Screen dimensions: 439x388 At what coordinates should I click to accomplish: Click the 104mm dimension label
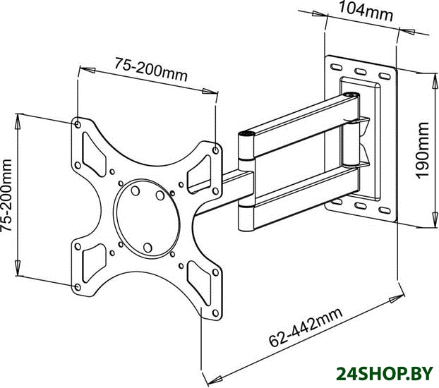[x=366, y=12]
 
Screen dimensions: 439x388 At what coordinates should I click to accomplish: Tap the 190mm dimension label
[x=422, y=150]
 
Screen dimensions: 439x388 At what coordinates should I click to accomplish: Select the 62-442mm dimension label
[x=306, y=327]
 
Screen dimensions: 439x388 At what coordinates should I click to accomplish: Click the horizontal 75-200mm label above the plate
[x=150, y=69]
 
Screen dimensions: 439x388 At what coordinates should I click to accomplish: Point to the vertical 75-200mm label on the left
[x=6, y=195]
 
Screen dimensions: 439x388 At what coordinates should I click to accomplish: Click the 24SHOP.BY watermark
[x=385, y=374]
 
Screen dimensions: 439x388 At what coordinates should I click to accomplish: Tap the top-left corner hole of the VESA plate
[x=78, y=124]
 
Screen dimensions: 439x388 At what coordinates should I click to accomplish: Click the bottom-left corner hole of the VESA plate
[x=78, y=287]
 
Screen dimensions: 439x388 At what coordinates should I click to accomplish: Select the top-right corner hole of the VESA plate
[x=216, y=150]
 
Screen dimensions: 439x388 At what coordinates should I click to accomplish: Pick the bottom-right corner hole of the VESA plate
[x=215, y=313]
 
